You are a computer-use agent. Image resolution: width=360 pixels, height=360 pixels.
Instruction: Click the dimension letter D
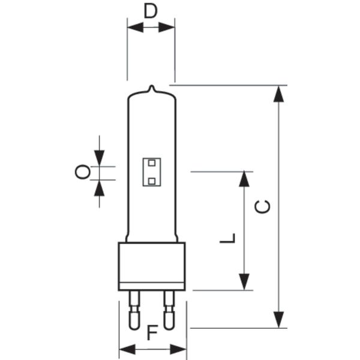151,11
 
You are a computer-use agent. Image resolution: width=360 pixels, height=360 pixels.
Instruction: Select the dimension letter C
263,206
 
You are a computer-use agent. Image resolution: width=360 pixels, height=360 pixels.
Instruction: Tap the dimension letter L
227,238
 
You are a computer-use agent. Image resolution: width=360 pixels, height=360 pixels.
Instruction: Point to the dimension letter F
152,332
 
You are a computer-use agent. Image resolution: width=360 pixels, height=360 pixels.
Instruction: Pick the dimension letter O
83,172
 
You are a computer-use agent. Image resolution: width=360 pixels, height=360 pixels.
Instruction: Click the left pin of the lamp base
134,310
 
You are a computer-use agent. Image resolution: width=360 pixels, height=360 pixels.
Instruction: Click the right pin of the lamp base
169,310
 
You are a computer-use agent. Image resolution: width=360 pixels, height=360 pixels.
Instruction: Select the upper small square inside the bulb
152,163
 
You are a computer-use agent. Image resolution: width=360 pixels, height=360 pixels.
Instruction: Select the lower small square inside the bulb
152,181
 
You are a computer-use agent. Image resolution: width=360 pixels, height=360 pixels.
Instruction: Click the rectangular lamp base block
152,266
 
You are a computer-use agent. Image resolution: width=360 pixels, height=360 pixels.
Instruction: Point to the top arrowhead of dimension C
278,94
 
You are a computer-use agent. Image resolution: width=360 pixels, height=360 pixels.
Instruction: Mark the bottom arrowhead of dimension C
278,320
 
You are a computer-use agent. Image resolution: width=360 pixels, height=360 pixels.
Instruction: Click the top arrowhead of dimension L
244,179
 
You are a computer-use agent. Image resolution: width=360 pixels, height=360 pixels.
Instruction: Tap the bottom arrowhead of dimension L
244,282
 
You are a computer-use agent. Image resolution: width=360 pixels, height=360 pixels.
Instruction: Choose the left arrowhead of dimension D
136,28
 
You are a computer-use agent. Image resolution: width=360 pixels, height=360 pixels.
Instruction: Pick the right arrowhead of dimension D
167,28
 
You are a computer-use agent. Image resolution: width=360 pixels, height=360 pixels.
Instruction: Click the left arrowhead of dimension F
127,349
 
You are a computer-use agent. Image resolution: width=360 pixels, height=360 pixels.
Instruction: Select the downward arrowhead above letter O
99,158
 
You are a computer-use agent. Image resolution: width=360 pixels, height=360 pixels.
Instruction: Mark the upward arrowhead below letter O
99,188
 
